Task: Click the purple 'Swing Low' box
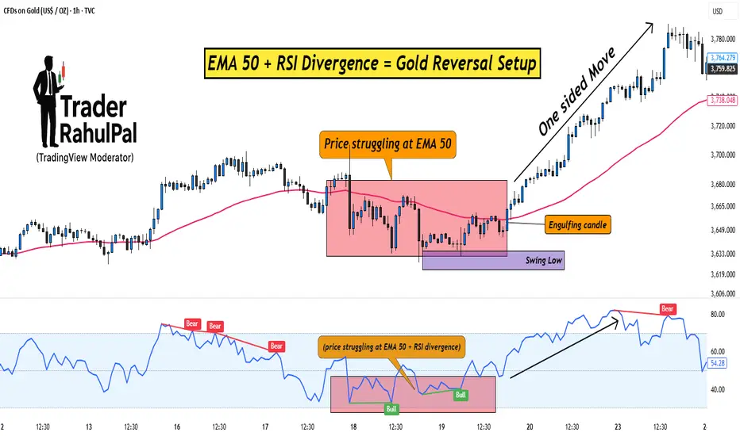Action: point(494,260)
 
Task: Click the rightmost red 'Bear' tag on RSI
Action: point(668,308)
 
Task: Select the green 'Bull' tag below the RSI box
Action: point(391,410)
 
